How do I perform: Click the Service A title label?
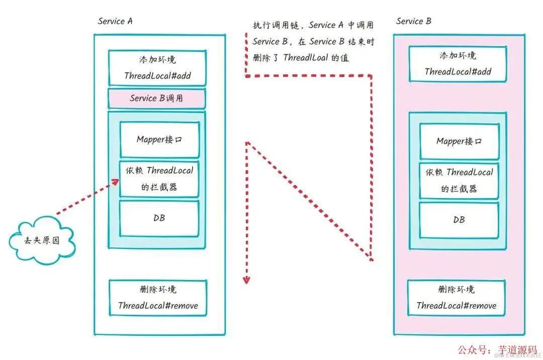tap(115, 21)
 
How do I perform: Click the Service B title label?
tap(413, 21)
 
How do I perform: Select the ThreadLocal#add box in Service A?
tap(157, 68)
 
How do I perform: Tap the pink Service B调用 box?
tap(156, 98)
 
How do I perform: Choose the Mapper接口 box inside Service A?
tap(159, 139)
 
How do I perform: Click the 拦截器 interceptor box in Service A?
tap(159, 178)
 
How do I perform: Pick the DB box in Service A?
tap(159, 218)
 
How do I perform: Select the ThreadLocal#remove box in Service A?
tap(158, 298)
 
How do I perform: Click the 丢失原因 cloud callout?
tap(42, 240)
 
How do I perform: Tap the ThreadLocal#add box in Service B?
tap(458, 63)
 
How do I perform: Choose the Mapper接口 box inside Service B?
tap(459, 141)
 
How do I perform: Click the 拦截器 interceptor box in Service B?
tap(459, 181)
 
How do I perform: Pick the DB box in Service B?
tap(459, 220)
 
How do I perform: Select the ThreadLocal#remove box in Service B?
tap(456, 298)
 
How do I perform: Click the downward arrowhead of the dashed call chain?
tap(246, 279)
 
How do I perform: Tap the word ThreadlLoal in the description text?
tap(306, 58)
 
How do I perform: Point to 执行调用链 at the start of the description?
tap(276, 25)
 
